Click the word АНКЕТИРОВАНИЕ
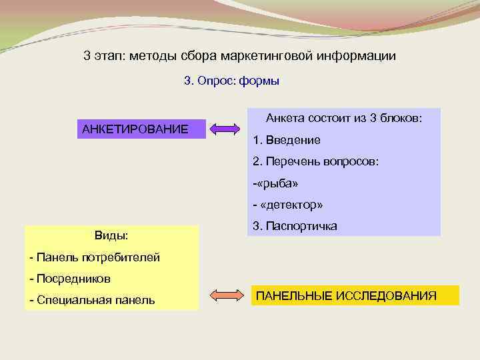(135, 128)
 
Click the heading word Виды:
(111, 235)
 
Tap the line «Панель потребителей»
(95, 257)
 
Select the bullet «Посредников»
(70, 278)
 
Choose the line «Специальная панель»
(92, 300)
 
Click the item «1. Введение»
(287, 140)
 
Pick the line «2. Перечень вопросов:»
(315, 162)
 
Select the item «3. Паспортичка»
(295, 226)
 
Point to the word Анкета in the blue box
(285, 118)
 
